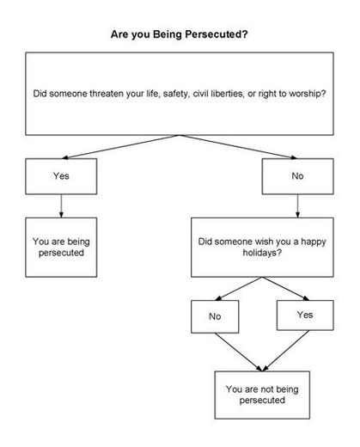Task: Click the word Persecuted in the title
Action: pyautogui.click(x=217, y=34)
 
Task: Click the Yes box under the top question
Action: pyautogui.click(x=61, y=176)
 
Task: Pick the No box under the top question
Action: pyautogui.click(x=297, y=176)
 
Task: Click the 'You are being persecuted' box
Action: pyautogui.click(x=61, y=248)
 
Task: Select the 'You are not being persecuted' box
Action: pyautogui.click(x=262, y=395)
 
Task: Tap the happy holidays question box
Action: pyautogui.click(x=262, y=248)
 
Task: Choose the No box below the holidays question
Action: pyautogui.click(x=215, y=316)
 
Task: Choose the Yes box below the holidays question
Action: pyautogui.click(x=305, y=315)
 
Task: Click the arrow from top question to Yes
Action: pyautogui.click(x=121, y=146)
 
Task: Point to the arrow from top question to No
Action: pyautogui.click(x=239, y=146)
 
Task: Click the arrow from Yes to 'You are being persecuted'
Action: pyautogui.click(x=61, y=206)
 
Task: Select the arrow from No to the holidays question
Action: pyautogui.click(x=297, y=206)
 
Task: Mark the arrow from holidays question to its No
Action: pyautogui.click(x=239, y=289)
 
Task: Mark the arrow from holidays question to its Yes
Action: pyautogui.click(x=285, y=289)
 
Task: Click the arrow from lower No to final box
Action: pyautogui.click(x=238, y=352)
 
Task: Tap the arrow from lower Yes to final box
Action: pyautogui.click(x=286, y=351)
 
